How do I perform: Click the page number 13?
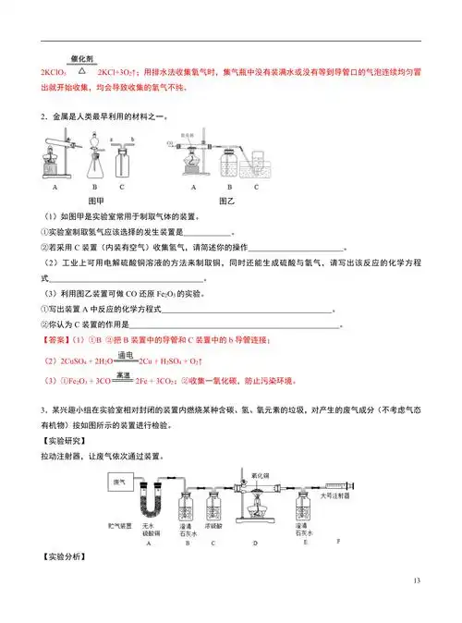click(418, 580)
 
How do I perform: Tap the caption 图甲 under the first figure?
click(95, 200)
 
